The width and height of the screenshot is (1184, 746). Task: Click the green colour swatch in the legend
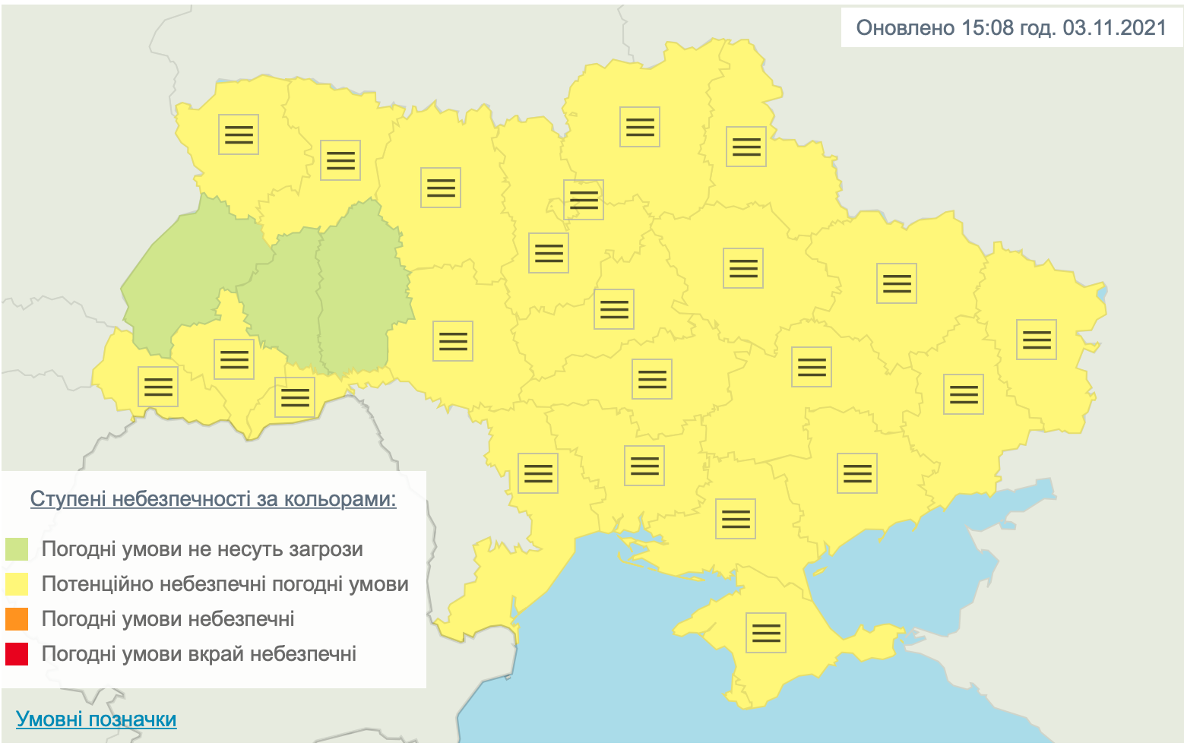[17, 549]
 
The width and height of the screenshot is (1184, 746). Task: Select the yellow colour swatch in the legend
[17, 584]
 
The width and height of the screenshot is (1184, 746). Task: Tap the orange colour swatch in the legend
[17, 619]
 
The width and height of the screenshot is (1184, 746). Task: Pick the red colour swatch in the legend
[17, 654]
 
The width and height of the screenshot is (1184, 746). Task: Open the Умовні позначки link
[97, 719]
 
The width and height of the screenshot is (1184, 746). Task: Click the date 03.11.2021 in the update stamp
[1114, 28]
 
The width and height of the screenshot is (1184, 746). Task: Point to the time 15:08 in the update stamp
[987, 28]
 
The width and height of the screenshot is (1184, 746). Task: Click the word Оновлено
[905, 28]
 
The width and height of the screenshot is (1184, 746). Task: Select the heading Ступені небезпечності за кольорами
[213, 499]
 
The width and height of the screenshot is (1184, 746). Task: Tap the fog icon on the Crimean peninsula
[766, 633]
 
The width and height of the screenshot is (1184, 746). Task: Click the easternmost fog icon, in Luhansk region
[1037, 340]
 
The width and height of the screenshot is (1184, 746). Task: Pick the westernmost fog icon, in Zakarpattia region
[158, 387]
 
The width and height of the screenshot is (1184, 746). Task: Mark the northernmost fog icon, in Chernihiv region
[640, 127]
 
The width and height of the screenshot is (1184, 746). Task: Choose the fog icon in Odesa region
[538, 473]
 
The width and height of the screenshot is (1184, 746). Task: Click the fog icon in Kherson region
[736, 519]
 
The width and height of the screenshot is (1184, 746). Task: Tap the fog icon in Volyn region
[239, 134]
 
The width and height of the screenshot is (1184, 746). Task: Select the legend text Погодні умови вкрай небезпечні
[199, 654]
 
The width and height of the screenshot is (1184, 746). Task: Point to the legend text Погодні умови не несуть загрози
[202, 549]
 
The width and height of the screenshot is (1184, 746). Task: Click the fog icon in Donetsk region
[964, 394]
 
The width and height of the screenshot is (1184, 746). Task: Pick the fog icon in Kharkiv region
[897, 283]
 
